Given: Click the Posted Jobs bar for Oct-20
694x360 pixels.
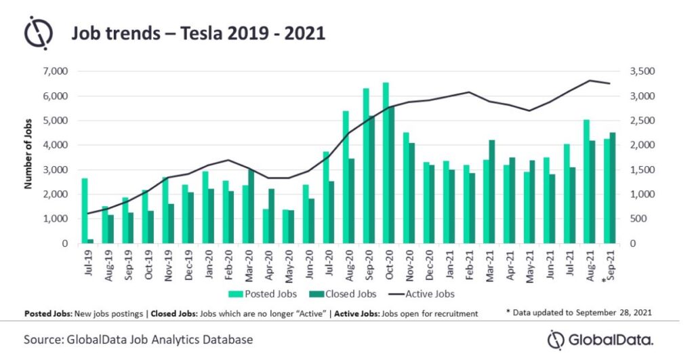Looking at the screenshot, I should [386, 163].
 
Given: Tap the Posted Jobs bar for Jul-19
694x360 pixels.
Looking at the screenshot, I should [84, 211].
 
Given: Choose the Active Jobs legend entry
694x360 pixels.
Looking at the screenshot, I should [424, 294].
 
